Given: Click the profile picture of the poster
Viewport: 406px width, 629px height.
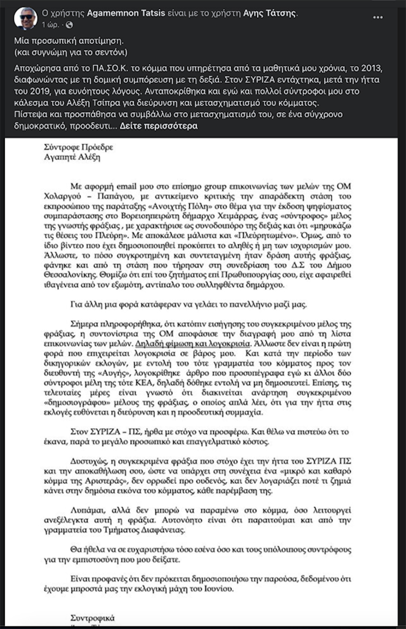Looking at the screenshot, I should (25, 18).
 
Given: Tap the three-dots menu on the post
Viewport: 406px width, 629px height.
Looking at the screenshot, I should (378, 17).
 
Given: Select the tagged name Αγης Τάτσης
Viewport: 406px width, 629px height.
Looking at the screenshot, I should (270, 13).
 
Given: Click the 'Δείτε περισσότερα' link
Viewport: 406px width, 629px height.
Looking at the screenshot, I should (159, 126).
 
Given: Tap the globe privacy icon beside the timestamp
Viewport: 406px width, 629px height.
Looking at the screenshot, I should (70, 24).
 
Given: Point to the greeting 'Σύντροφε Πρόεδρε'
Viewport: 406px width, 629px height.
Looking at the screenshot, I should (79, 147).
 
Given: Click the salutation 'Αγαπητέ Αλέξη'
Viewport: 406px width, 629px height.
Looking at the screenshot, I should (72, 157).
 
